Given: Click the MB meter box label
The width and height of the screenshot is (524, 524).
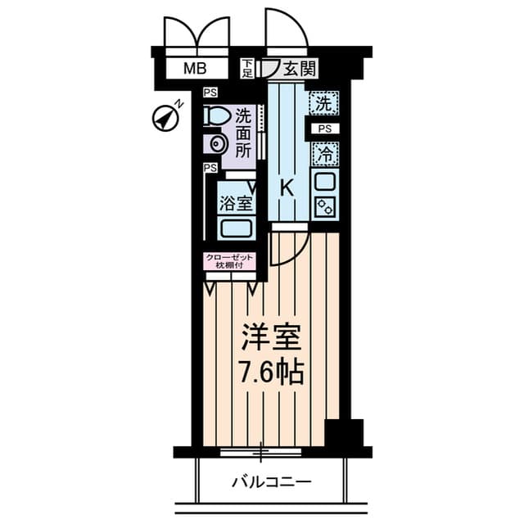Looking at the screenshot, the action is [195, 69].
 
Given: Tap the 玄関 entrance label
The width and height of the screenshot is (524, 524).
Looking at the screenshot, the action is [299, 69].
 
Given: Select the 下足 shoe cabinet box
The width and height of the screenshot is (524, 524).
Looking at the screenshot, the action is [247, 69].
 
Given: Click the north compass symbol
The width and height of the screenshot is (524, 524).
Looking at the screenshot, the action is [166, 118].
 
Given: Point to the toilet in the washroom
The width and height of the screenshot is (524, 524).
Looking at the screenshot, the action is [216, 115].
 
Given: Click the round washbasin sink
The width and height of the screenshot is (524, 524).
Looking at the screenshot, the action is [216, 144].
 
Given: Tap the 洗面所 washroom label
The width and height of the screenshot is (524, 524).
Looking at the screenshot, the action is [243, 134].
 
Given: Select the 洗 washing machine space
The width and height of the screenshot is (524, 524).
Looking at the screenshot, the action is [324, 103].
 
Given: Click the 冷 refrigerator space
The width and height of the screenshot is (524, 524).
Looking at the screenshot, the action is [324, 155].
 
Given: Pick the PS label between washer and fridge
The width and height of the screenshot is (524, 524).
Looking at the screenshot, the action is [325, 129].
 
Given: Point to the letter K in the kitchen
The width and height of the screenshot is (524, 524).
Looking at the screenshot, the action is [287, 188].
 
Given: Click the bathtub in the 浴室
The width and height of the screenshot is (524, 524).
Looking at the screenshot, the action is [236, 228].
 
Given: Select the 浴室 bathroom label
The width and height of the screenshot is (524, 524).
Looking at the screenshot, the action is [236, 203].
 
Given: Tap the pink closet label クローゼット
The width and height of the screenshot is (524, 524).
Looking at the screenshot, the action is [229, 258].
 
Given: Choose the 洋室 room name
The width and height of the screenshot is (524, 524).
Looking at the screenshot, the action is [271, 337].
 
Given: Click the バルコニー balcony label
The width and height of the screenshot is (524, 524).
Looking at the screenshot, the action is [272, 482].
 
